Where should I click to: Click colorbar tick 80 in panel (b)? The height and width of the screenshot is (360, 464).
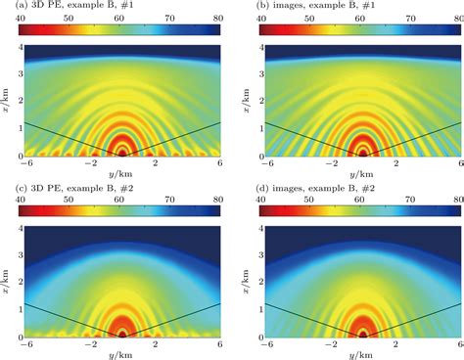point(459,19)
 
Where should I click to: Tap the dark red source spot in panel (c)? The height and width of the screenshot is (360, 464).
point(121,333)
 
